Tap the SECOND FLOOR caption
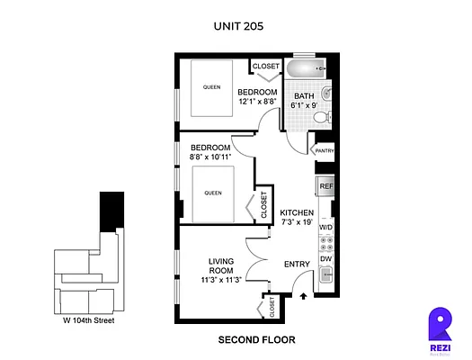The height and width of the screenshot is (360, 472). (256, 340)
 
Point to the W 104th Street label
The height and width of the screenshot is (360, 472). (88, 320)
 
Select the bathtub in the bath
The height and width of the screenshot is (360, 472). (307, 70)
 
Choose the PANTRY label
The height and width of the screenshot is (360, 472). (324, 151)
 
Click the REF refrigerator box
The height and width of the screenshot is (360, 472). (325, 187)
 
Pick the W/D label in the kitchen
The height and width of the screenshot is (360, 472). (325, 228)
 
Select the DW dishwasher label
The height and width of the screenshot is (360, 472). (325, 258)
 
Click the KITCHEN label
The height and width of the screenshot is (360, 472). (296, 212)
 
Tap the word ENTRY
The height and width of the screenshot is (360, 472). (297, 264)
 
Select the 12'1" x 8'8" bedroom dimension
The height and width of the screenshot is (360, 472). (257, 102)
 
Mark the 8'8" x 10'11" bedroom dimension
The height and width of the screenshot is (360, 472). (209, 157)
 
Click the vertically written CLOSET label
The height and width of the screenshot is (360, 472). (263, 206)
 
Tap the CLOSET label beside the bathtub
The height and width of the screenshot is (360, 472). (265, 67)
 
